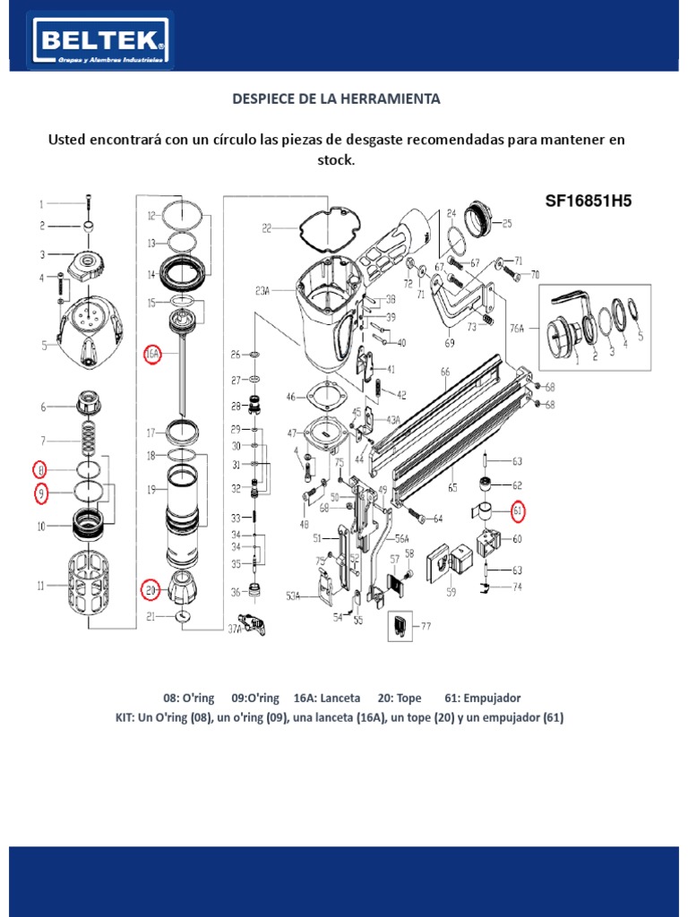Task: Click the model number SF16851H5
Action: coord(589,201)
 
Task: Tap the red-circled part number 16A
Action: coord(152,355)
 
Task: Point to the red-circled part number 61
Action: coord(518,511)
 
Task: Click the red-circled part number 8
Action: coord(39,468)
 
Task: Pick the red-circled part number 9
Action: coord(39,492)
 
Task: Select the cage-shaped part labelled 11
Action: coord(89,587)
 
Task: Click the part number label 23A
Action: coord(262,290)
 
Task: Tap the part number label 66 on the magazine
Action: coord(444,371)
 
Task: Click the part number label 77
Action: coord(426,627)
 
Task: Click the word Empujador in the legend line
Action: coord(493,698)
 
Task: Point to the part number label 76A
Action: coord(518,328)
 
